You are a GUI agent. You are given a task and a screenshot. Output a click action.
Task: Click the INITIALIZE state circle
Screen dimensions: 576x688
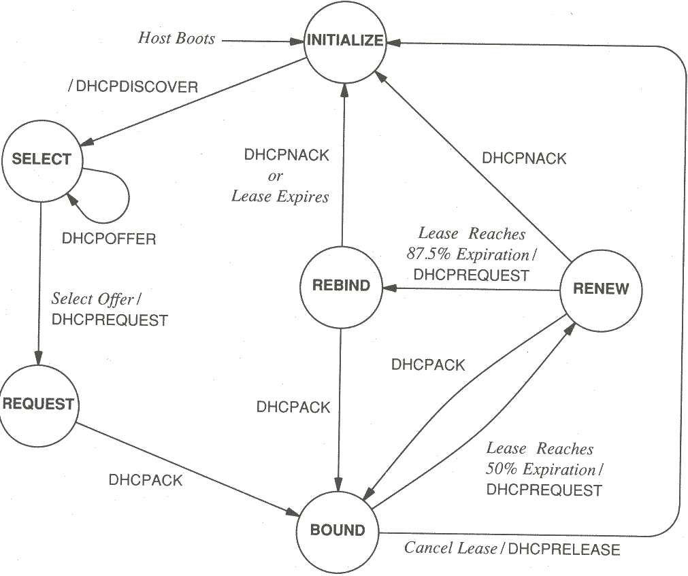tap(344, 41)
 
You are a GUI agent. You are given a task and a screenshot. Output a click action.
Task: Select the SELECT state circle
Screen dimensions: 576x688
tap(42, 160)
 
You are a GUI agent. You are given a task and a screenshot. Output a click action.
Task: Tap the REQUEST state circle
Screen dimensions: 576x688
tap(38, 404)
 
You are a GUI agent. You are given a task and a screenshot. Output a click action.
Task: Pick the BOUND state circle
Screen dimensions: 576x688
tap(338, 530)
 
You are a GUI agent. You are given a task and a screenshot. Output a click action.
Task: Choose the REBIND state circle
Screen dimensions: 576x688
tap(341, 286)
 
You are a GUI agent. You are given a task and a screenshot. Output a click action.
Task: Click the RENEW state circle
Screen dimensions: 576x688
tap(601, 289)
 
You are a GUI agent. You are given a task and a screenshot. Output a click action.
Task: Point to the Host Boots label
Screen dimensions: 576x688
tap(176, 38)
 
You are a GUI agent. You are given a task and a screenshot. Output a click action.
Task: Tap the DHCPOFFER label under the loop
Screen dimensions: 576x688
tap(109, 239)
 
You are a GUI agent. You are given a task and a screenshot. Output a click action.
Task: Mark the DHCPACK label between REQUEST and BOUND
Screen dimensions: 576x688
tap(146, 480)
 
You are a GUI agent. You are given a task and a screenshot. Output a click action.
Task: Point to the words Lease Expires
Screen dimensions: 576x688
tap(280, 197)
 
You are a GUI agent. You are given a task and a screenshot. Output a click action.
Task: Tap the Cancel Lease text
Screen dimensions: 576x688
tap(451, 548)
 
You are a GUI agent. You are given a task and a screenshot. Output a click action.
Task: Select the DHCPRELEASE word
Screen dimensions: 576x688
tap(564, 549)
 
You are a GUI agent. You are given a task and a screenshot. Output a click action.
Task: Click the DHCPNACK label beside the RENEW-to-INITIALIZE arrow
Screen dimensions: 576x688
tap(524, 158)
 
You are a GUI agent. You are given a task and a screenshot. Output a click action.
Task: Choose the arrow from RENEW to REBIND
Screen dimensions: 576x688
tap(470, 289)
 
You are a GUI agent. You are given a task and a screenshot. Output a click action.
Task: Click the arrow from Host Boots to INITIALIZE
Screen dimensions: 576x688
tap(262, 41)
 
